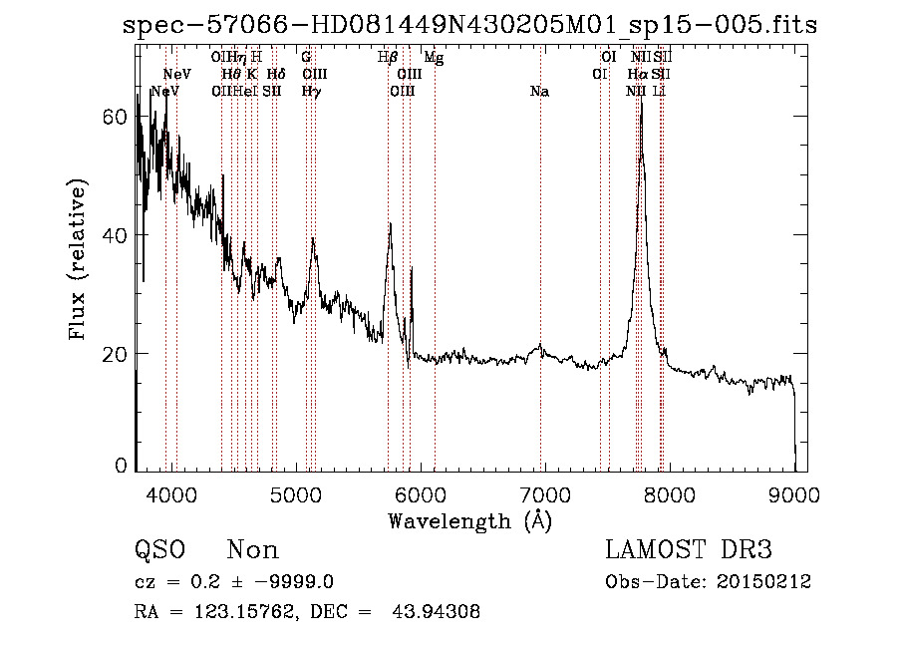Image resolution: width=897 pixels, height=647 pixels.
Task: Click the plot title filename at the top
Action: pyautogui.click(x=469, y=26)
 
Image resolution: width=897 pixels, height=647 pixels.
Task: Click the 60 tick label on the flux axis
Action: pyautogui.click(x=116, y=117)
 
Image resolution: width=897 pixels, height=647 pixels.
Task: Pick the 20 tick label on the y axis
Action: pyautogui.click(x=116, y=354)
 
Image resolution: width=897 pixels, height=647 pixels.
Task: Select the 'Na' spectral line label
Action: pyautogui.click(x=540, y=91)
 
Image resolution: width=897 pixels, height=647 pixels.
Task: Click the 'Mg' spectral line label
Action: pyautogui.click(x=434, y=57)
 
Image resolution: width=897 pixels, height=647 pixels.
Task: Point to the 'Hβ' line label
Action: pyautogui.click(x=388, y=57)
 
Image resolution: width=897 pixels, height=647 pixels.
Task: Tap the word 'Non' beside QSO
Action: pyautogui.click(x=253, y=550)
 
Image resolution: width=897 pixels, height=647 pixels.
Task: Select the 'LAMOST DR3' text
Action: pyautogui.click(x=689, y=550)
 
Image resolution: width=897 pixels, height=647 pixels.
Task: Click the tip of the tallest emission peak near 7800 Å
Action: pyautogui.click(x=641, y=99)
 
